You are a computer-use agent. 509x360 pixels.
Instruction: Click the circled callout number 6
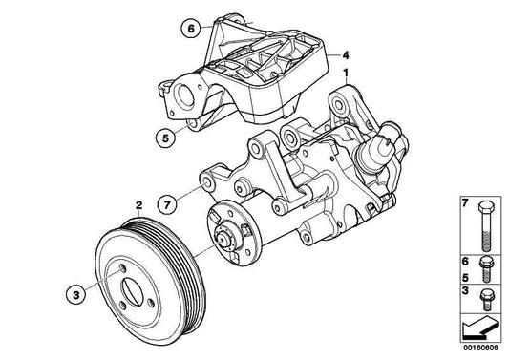tap(190, 30)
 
